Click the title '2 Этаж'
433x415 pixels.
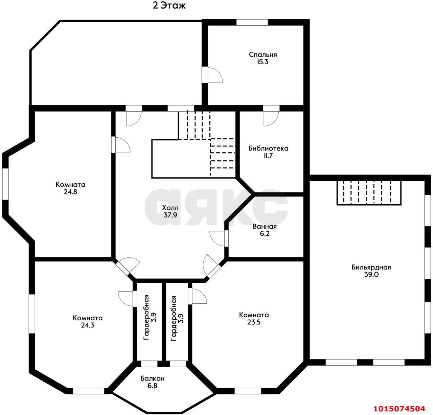(169, 6)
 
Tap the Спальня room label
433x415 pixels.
(263, 54)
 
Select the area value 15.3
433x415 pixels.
(263, 62)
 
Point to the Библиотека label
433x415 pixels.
(268, 148)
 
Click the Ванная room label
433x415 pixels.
(264, 226)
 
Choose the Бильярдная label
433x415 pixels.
(371, 267)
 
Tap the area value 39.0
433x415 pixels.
(371, 274)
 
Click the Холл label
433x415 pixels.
(170, 208)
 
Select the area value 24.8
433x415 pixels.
(70, 191)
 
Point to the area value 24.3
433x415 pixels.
(88, 325)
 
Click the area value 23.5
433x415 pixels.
(254, 322)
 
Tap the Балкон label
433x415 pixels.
(153, 378)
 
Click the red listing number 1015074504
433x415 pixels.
(399, 409)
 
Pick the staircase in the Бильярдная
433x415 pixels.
(369, 193)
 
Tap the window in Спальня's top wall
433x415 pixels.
(252, 22)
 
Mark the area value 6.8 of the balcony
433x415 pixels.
(153, 386)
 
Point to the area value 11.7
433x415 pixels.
(268, 156)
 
